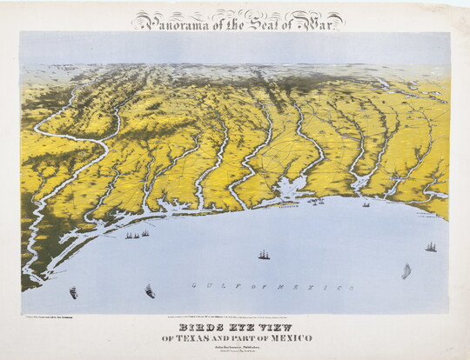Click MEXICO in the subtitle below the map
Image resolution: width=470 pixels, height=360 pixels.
pyautogui.click(x=291, y=337)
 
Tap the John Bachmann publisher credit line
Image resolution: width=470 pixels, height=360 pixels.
pyautogui.click(x=235, y=346)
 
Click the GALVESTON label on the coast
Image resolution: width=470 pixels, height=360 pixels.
pyautogui.click(x=287, y=208)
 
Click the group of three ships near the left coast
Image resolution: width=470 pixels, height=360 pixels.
pyautogui.click(x=137, y=234)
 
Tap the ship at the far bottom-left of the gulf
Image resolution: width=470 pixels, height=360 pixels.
pyautogui.click(x=74, y=292)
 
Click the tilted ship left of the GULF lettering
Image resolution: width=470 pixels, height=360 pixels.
pyautogui.click(x=150, y=290)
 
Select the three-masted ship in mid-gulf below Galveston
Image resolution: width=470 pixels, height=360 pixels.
pyautogui.click(x=263, y=254)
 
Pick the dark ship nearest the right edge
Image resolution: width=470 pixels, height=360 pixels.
pyautogui.click(x=431, y=247)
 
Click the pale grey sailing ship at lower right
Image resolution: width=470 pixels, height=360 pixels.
pyautogui.click(x=406, y=271)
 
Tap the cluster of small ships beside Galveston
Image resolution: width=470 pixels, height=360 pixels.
pyautogui.click(x=316, y=202)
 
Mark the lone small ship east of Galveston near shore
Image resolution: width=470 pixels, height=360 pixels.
pyautogui.click(x=366, y=204)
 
